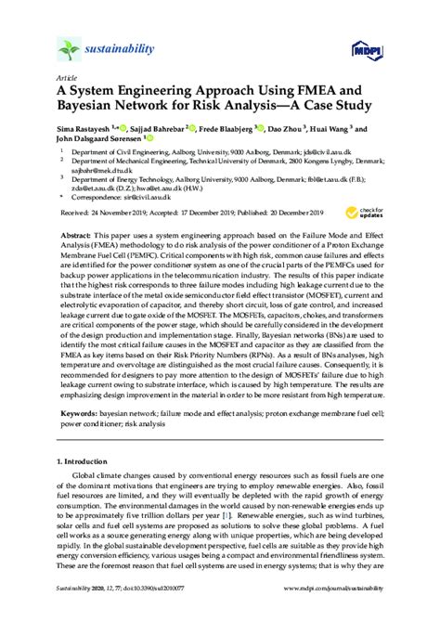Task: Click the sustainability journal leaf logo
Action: coord(68,48)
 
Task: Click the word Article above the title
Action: coord(68,79)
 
